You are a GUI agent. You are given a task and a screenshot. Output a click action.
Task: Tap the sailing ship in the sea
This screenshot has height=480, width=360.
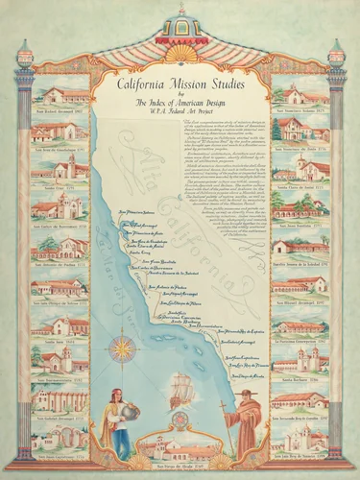pos(180,389)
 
